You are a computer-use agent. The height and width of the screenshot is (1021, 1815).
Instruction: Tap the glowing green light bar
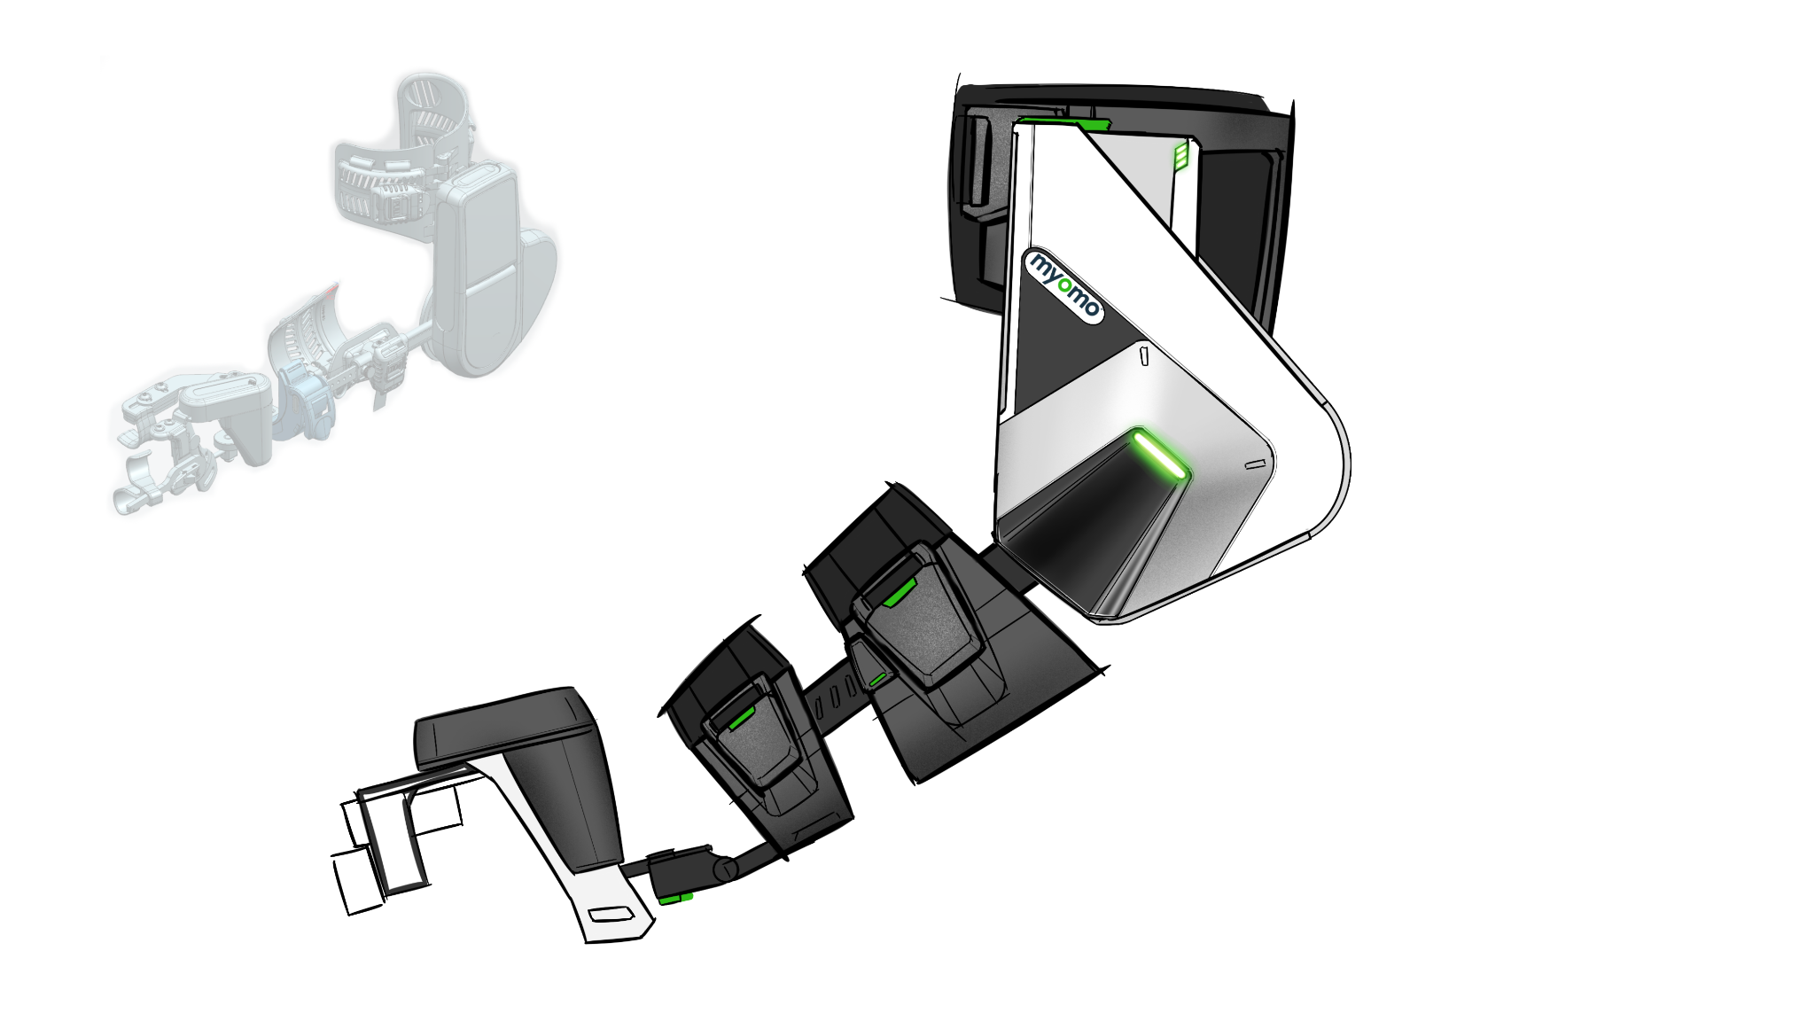1160,455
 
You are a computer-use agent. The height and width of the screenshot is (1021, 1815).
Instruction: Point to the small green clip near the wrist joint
676,900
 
